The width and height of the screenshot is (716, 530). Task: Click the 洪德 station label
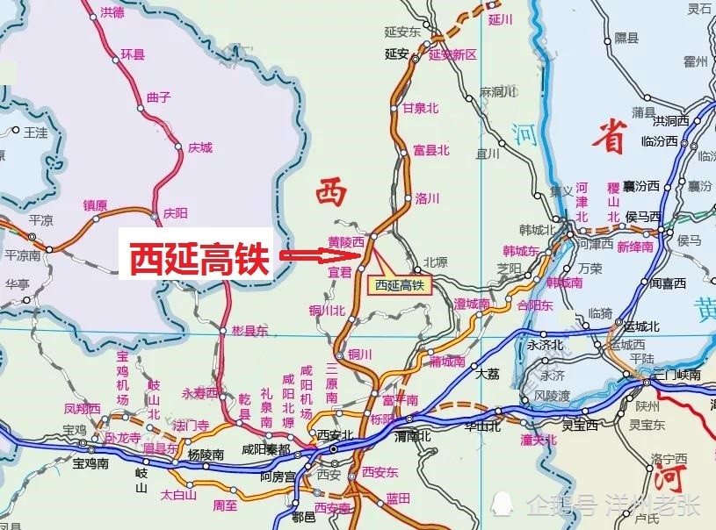tap(112, 12)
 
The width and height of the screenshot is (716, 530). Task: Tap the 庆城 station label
tap(200, 148)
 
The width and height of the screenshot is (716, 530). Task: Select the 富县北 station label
tap(431, 150)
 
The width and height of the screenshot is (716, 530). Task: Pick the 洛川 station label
tap(427, 197)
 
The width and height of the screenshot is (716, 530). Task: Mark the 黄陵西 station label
tap(345, 241)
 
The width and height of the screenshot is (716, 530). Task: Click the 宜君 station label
tap(339, 273)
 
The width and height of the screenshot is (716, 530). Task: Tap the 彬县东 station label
tap(249, 331)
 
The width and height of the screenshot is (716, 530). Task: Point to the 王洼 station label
tap(36, 132)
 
